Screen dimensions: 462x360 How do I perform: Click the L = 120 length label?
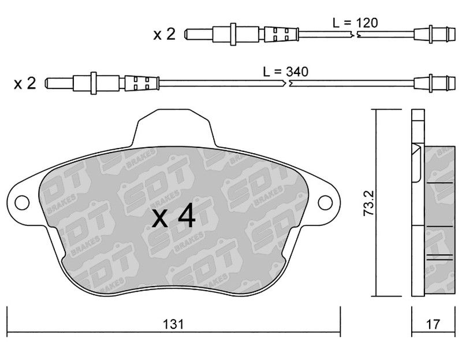[355, 23]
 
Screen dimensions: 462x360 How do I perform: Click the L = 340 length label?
[286, 72]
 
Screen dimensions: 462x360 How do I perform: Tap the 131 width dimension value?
[173, 324]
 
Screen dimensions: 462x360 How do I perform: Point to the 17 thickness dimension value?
[433, 324]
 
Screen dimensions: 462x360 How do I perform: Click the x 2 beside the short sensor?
[165, 34]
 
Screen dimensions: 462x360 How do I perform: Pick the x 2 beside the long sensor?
[25, 83]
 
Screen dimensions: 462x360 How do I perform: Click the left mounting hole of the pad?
[22, 203]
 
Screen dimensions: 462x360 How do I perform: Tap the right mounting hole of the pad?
[326, 203]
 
